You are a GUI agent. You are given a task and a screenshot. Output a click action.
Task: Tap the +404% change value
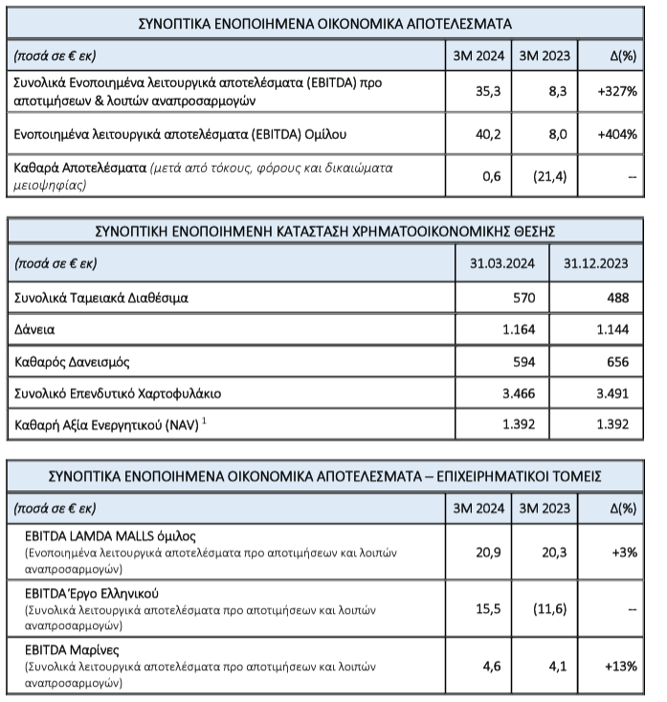tap(617, 135)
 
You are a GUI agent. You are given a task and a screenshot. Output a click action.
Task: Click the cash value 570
tap(522, 297)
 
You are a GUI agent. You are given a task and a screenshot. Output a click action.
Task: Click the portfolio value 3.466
tap(518, 395)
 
